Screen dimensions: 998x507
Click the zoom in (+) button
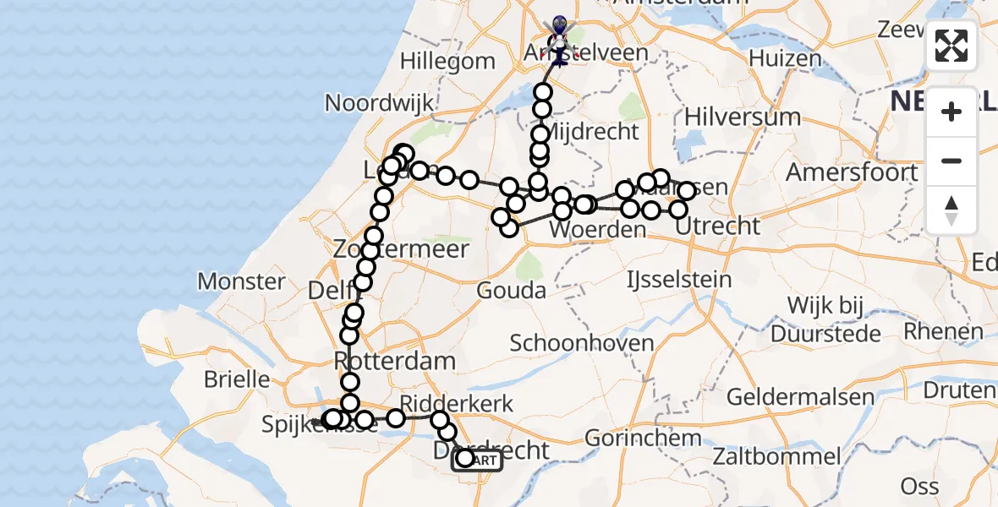(951, 112)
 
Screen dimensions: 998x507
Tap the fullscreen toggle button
(951, 46)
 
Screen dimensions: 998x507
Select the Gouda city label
(512, 291)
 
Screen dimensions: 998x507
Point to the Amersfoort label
(852, 172)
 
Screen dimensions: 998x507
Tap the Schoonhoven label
(583, 343)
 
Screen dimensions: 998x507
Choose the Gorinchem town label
(643, 439)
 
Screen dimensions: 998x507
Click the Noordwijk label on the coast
(380, 103)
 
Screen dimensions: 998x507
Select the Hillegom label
(447, 61)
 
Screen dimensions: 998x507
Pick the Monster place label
(241, 281)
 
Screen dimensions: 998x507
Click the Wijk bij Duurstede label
(833, 319)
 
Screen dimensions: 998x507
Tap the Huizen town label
(785, 58)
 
